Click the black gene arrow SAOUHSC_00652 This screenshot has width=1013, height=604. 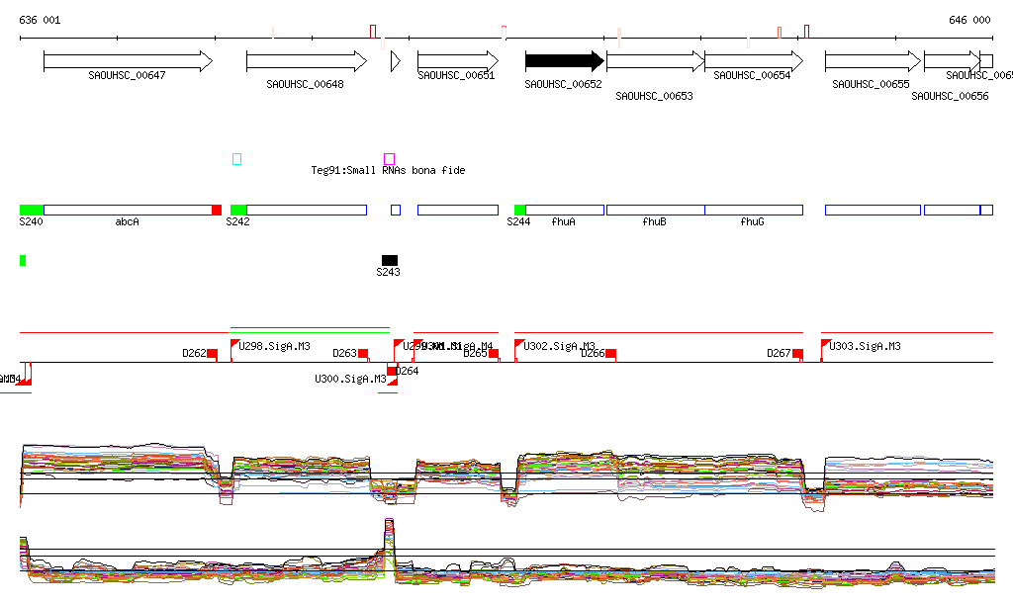coord(564,61)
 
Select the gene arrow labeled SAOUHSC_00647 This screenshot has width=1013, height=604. coord(128,61)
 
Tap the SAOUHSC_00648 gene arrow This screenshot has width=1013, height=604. coord(306,61)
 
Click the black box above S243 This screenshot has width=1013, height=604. coord(390,259)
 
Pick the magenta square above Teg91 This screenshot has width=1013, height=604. coord(389,158)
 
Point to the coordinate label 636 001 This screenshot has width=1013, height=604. coord(40,20)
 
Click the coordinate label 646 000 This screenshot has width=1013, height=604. coord(969,20)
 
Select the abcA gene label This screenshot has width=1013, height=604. coord(127,222)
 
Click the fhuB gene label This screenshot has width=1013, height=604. coord(654,222)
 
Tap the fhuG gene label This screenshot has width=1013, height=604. coord(752,222)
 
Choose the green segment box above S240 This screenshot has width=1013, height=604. coord(32,210)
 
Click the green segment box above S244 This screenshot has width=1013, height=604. coord(520,210)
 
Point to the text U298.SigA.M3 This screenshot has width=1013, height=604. coord(275,346)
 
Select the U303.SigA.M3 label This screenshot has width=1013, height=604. coord(866,346)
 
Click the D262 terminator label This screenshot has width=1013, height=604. coord(194,353)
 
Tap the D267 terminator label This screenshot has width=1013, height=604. coord(780,353)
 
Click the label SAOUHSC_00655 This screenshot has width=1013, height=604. coord(871,85)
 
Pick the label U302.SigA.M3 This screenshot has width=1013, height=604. coord(559,346)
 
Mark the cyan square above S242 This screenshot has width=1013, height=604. coord(236,158)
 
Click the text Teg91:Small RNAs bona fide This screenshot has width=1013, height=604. coord(388,171)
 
